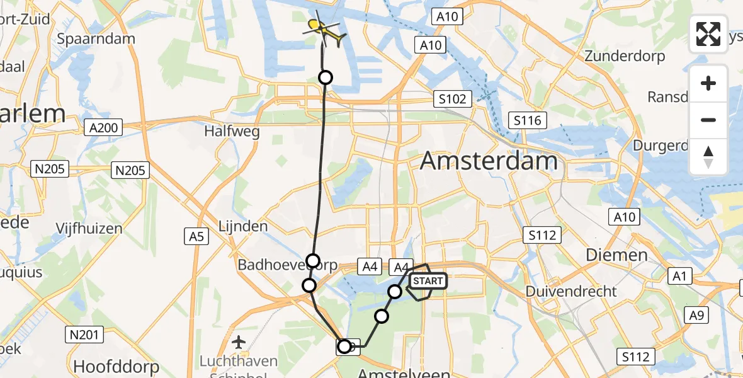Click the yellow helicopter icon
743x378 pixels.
point(325,29)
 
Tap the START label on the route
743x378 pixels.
point(428,280)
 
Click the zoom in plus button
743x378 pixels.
point(708,84)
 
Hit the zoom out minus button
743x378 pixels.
point(708,120)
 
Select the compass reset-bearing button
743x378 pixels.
point(708,156)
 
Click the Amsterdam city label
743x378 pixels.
point(489,161)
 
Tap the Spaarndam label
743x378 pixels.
point(96,38)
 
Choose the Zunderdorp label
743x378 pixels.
point(625,56)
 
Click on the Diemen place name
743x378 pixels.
point(616,255)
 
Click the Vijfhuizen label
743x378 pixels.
point(89,227)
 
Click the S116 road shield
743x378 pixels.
point(527,120)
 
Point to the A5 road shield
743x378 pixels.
point(196,236)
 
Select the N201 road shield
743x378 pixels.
point(84,335)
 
